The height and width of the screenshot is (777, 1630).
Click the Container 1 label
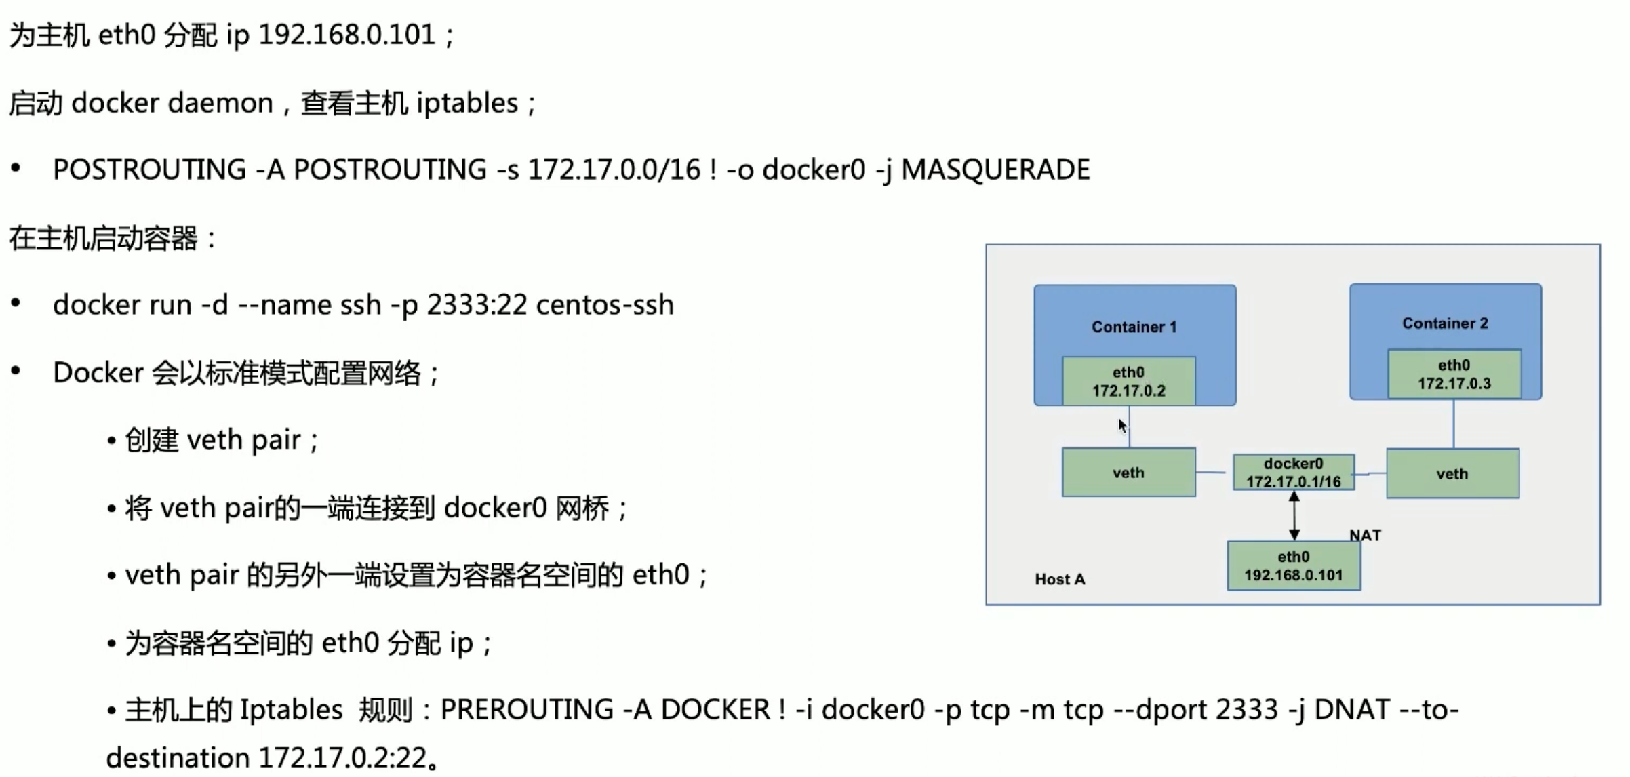tap(1134, 327)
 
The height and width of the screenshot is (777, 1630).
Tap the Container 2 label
tap(1445, 323)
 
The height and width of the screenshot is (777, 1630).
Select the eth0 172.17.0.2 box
tap(1128, 381)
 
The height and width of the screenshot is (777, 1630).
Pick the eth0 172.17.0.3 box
tap(1454, 374)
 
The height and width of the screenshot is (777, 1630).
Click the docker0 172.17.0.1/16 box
tap(1293, 473)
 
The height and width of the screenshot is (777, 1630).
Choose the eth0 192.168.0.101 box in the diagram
tap(1293, 565)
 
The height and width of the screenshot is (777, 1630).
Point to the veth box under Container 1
tap(1128, 473)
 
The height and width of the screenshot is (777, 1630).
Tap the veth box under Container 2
tap(1452, 473)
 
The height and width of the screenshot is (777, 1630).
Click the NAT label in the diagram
tap(1365, 536)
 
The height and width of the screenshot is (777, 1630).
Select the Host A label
tap(1060, 579)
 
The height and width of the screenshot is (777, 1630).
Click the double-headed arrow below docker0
tap(1294, 515)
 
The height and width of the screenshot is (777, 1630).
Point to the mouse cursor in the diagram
tap(1122, 426)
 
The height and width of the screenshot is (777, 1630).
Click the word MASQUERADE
tap(995, 170)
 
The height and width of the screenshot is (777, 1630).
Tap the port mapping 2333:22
tap(477, 305)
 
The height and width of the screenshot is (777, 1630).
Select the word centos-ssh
tap(604, 305)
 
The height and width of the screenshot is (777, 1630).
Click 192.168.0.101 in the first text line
tap(346, 35)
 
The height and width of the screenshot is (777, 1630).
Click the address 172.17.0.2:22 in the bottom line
tap(342, 757)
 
